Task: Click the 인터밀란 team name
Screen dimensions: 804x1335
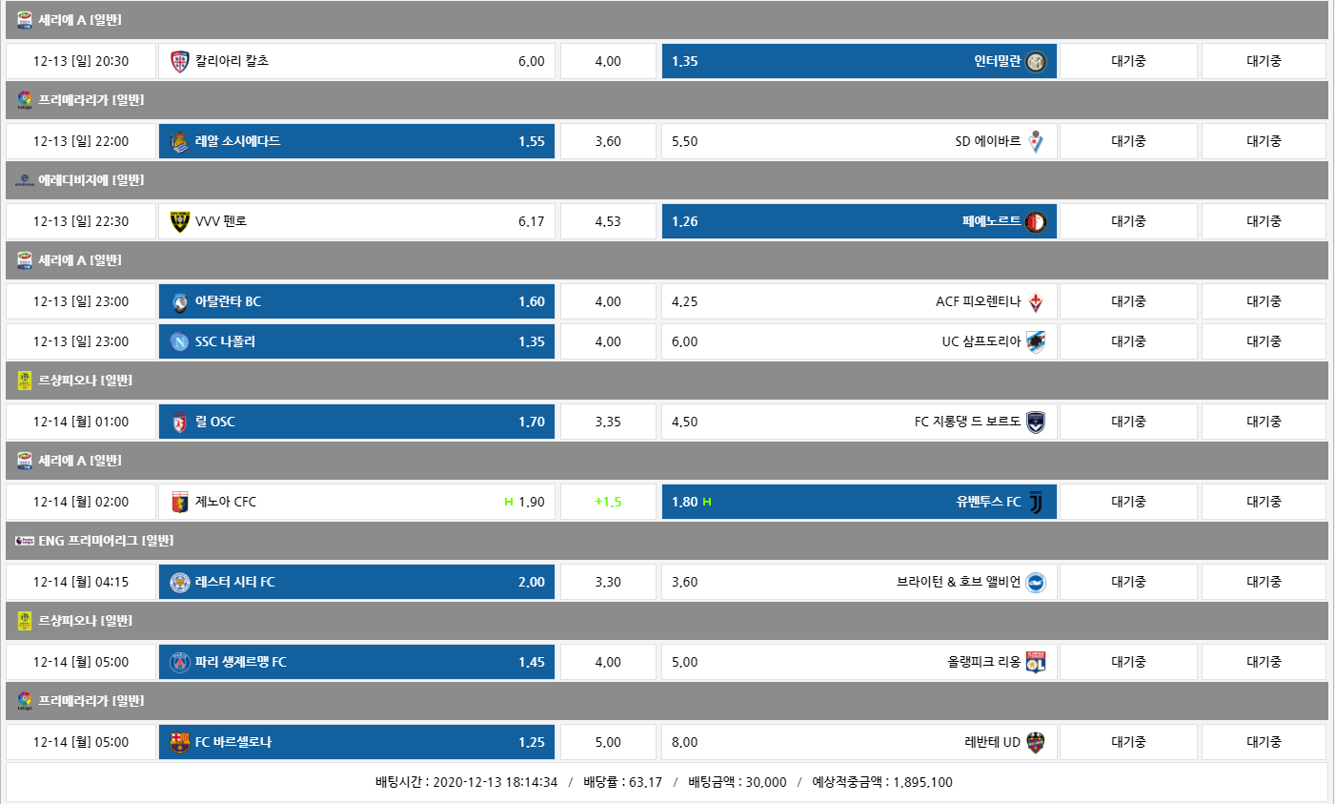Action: click(x=997, y=61)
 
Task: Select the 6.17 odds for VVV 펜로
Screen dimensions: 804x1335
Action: click(x=531, y=221)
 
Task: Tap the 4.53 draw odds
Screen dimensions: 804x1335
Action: click(x=608, y=221)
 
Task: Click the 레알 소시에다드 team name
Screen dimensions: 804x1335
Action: click(x=237, y=141)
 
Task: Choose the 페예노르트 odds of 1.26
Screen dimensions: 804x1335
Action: click(x=684, y=221)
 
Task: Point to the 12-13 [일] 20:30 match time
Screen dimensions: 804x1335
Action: click(x=81, y=61)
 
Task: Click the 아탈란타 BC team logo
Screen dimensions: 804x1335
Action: click(x=180, y=302)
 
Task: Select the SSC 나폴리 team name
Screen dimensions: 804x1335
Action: click(x=225, y=341)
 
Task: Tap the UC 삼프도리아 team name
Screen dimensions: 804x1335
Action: click(x=981, y=341)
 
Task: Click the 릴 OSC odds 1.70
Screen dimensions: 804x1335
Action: click(x=531, y=422)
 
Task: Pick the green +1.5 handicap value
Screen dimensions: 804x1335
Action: click(x=608, y=502)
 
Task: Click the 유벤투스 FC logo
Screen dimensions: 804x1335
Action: click(x=1036, y=502)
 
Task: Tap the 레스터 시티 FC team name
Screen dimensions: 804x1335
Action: click(x=234, y=582)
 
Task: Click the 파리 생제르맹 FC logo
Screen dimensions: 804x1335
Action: click(x=180, y=663)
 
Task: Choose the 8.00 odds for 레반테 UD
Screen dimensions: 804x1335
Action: click(x=684, y=742)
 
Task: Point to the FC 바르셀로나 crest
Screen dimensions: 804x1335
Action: click(x=180, y=743)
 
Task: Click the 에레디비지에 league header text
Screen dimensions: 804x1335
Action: click(x=91, y=180)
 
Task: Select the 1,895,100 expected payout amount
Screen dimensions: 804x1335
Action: click(x=922, y=782)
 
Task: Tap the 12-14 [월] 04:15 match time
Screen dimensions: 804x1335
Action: click(x=81, y=582)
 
